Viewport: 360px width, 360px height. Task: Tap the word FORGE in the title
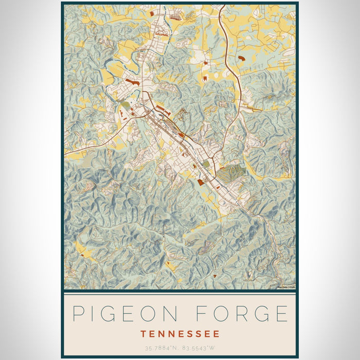click(x=244, y=314)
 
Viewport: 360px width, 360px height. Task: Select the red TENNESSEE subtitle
click(x=180, y=334)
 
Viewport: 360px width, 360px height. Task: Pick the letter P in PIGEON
click(x=78, y=314)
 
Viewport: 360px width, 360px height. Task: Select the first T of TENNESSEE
click(x=143, y=334)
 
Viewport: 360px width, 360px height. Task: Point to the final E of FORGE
click(x=281, y=314)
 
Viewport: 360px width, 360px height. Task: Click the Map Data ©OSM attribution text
click(x=285, y=287)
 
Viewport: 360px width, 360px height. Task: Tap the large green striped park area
click(x=230, y=173)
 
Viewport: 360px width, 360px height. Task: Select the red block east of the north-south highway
click(x=241, y=61)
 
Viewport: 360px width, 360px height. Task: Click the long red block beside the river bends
click(x=132, y=82)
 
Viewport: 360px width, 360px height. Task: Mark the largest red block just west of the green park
click(x=200, y=182)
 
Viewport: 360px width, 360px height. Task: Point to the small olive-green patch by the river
click(x=125, y=106)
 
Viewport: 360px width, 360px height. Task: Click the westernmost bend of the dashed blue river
click(x=106, y=64)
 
